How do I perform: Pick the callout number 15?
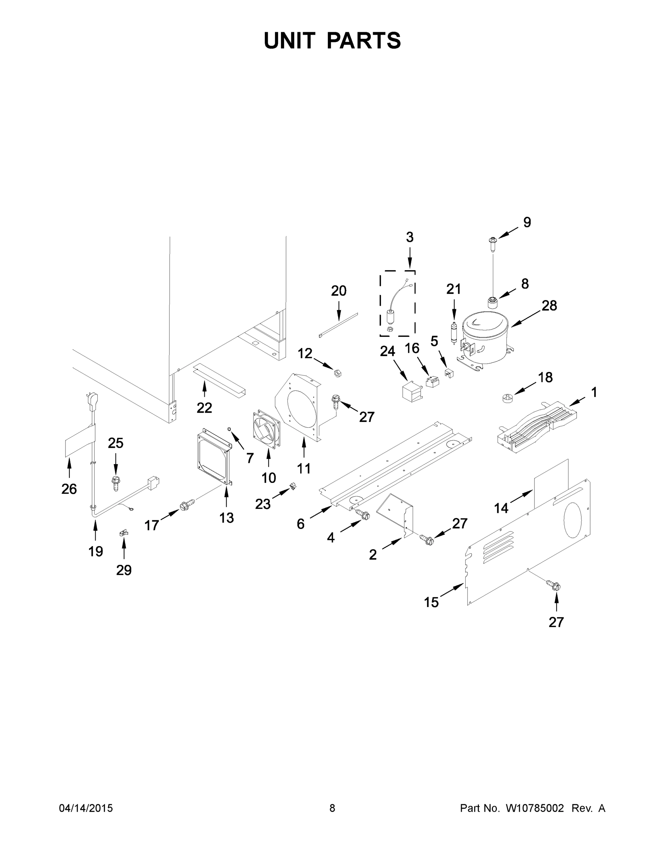click(431, 602)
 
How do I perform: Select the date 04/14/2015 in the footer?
click(86, 808)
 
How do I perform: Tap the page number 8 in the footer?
click(332, 808)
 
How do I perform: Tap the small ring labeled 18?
click(508, 398)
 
